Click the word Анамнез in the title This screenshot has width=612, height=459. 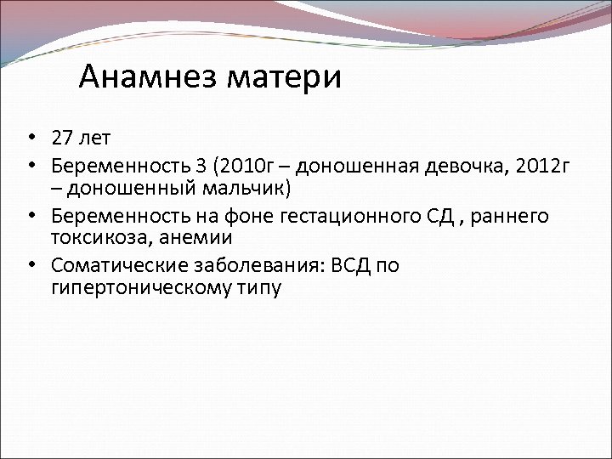[x=148, y=77]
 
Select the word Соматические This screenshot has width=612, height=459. [x=110, y=265]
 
